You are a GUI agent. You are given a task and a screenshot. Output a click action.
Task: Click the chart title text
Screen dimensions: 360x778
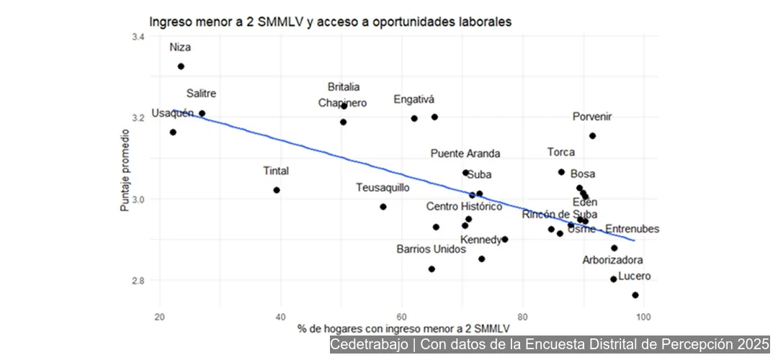point(331,22)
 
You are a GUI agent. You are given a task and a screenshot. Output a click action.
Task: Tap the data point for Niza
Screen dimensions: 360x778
point(181,66)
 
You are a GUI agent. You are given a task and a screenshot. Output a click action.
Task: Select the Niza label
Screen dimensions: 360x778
point(180,48)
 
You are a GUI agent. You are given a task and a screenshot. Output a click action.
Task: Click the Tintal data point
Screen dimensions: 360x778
point(277,190)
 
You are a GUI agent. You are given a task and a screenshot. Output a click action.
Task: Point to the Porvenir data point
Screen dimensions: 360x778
point(592,135)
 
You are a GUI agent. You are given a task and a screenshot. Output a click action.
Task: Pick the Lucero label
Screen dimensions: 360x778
point(634,276)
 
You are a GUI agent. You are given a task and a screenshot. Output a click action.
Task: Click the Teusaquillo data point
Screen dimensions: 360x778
point(383,207)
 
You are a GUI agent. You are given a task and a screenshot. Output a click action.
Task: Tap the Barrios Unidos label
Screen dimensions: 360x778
point(431,249)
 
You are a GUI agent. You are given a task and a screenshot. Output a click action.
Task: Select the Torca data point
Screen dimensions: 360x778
point(561,172)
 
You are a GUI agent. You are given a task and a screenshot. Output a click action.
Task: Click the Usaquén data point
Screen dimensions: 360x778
point(173,132)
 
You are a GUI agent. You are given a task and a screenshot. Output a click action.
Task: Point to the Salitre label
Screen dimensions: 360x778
point(201,94)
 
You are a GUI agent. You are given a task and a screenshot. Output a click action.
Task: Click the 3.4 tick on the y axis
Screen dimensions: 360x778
point(138,37)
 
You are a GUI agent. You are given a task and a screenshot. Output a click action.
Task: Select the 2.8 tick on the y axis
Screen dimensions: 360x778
point(138,280)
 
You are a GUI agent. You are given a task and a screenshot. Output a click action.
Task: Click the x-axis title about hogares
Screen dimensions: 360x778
point(397,330)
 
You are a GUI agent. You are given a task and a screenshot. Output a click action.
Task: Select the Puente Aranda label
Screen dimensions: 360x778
point(465,153)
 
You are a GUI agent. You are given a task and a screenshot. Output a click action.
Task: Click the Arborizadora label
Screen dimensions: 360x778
point(613,260)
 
